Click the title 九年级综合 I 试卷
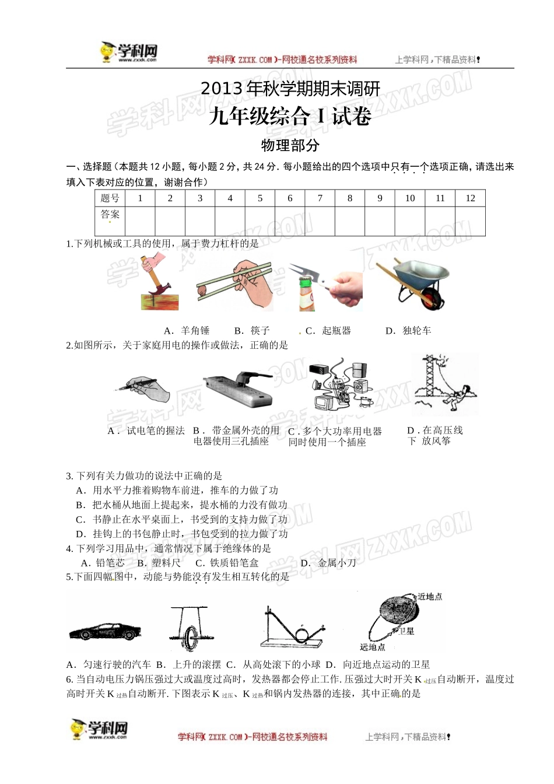tap(290, 117)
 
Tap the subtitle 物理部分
tap(290, 145)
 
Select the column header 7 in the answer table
tap(320, 198)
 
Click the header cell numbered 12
tap(470, 198)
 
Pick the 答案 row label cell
tap(110, 215)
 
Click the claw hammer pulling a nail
tap(157, 285)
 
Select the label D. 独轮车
tap(408, 331)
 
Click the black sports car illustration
tap(105, 632)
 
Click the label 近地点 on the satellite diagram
tap(430, 596)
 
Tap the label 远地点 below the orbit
tap(372, 647)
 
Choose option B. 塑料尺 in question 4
tap(159, 563)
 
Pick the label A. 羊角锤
tap(187, 331)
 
